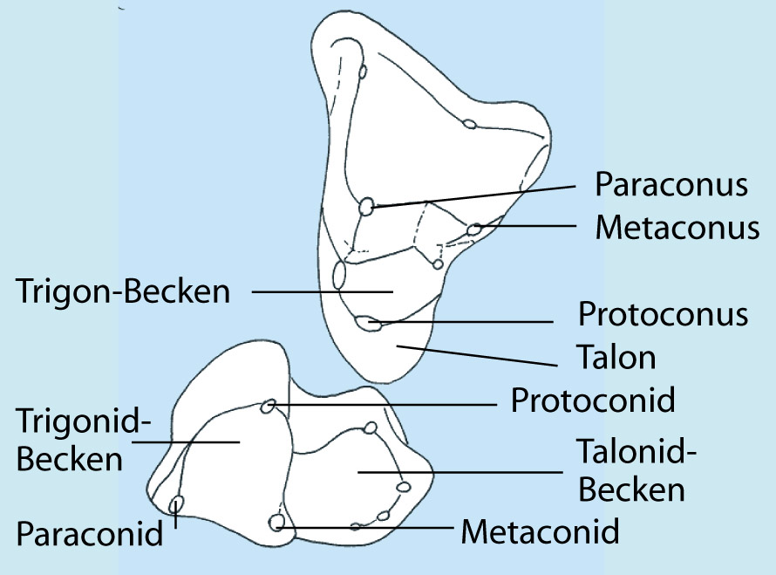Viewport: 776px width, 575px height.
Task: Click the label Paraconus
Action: [671, 184]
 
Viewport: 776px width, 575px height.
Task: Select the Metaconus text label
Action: [677, 228]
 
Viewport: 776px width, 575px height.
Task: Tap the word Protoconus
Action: [664, 314]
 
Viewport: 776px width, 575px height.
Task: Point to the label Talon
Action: [616, 357]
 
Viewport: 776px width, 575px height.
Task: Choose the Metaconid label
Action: [540, 531]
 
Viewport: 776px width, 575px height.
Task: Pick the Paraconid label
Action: [90, 533]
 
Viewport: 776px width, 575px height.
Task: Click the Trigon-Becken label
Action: [123, 291]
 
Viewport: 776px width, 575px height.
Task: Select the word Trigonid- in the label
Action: [83, 421]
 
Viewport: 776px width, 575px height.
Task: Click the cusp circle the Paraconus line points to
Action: [366, 206]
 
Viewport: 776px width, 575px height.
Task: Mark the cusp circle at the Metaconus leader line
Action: [474, 229]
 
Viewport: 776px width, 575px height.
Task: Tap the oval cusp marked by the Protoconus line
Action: [369, 324]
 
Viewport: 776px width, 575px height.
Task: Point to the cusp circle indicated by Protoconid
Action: [268, 407]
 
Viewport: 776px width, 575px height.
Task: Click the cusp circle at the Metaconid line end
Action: [276, 522]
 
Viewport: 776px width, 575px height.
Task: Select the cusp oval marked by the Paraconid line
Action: [176, 505]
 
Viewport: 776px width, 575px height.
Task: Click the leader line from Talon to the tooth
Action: [477, 356]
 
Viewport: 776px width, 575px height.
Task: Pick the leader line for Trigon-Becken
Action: [323, 291]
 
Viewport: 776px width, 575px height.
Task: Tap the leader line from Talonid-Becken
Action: [460, 472]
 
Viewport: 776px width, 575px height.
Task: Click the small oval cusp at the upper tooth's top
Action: [363, 72]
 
